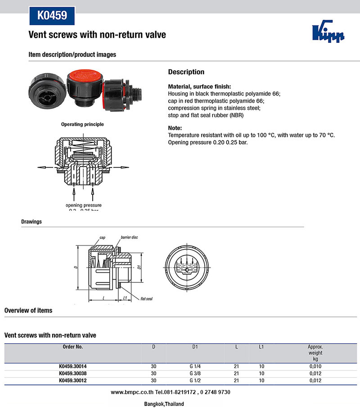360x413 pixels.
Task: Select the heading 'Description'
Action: [x=186, y=72]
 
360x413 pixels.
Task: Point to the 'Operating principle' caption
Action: [x=82, y=124]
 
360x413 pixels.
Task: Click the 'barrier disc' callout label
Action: [x=129, y=237]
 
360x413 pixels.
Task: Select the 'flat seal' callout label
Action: [x=146, y=299]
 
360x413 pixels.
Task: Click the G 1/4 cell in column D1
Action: [x=195, y=367]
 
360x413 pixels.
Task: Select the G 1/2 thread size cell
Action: [x=195, y=381]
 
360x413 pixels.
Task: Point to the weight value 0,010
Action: [x=315, y=367]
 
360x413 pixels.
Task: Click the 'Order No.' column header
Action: [x=72, y=347]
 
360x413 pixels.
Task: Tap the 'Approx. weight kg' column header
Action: [x=315, y=353]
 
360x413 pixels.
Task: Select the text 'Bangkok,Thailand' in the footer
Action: [x=164, y=404]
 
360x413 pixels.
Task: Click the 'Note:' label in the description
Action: [x=175, y=128]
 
